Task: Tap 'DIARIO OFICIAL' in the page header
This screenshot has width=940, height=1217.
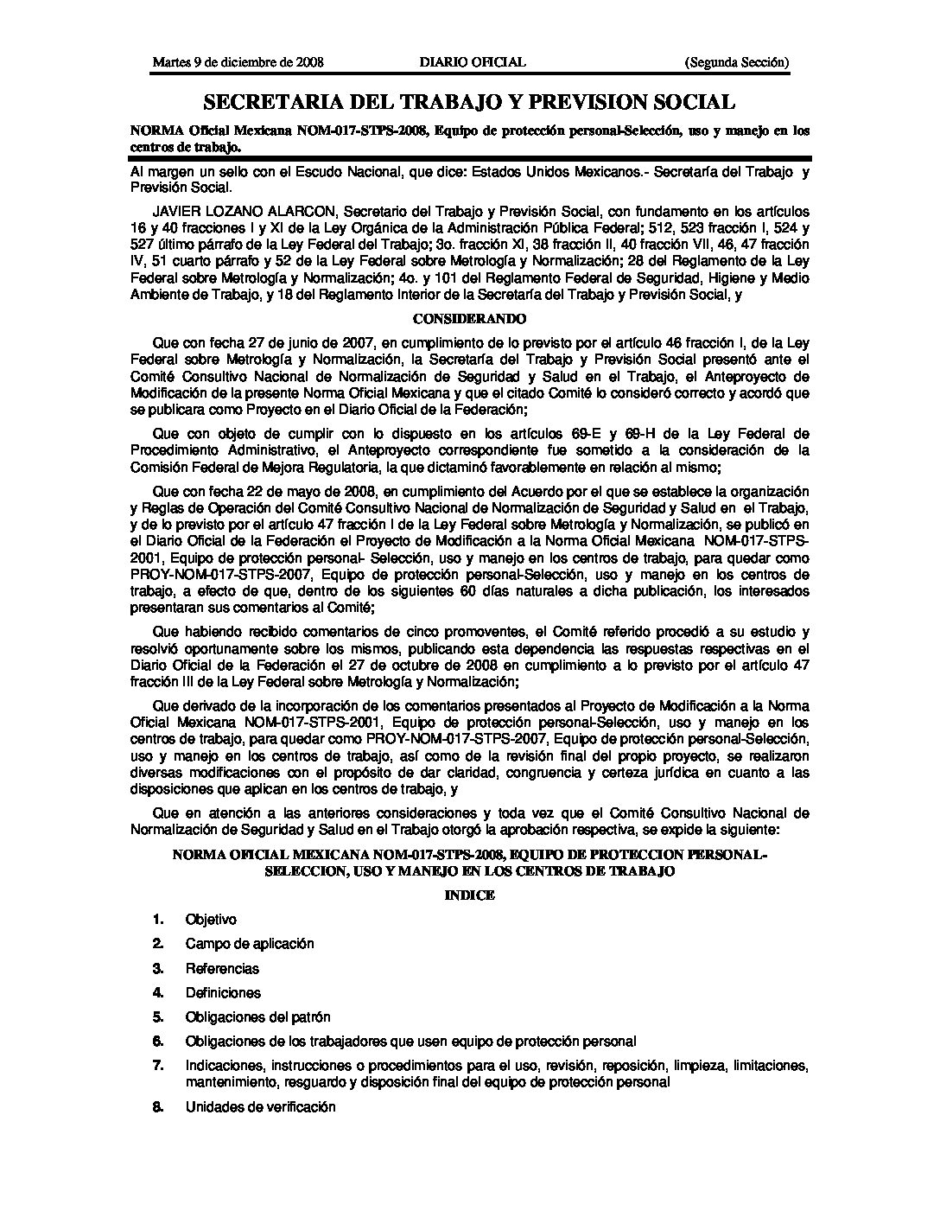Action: [x=472, y=62]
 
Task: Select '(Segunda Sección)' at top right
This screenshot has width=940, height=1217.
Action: [x=736, y=62]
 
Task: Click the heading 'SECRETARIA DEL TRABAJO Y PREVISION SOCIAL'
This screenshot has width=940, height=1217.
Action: [x=469, y=103]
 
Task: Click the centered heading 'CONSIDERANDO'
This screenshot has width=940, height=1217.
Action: [x=469, y=318]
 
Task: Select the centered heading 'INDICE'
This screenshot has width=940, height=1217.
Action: [x=469, y=895]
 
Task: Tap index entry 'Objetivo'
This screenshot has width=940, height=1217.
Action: [x=211, y=921]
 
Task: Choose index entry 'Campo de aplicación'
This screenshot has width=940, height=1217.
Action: [x=250, y=945]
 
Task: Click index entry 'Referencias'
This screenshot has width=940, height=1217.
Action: [x=222, y=969]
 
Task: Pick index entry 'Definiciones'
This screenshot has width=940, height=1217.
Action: [x=223, y=993]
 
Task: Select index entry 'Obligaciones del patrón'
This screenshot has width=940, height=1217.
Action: [x=257, y=1017]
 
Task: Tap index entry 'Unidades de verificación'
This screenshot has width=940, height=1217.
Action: [x=260, y=1107]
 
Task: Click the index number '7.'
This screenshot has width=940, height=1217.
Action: [x=158, y=1066]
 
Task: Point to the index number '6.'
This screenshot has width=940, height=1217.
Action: [x=158, y=1042]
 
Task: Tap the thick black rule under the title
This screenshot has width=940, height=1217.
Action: [x=469, y=158]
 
